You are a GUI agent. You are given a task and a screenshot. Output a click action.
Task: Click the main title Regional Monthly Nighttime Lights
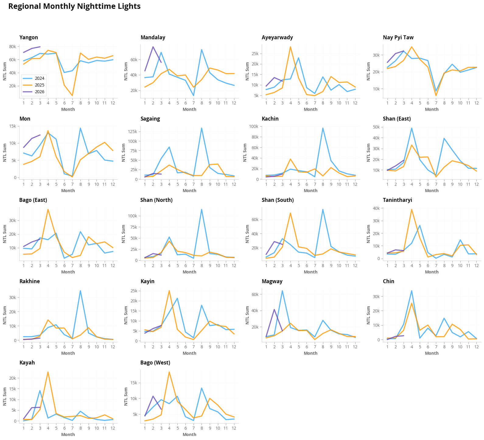74,6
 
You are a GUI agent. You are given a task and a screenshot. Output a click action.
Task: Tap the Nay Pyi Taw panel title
398,37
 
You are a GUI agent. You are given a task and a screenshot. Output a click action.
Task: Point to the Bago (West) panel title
155,363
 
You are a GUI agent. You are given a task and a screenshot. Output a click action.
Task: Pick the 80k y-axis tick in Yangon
12,47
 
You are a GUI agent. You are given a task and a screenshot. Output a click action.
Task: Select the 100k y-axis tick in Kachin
253,126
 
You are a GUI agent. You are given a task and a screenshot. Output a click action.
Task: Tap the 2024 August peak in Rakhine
80,291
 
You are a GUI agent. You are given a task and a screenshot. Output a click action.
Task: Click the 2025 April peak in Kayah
48,372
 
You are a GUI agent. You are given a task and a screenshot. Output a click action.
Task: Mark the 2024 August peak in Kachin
323,128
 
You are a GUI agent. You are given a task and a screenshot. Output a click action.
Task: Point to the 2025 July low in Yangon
72,96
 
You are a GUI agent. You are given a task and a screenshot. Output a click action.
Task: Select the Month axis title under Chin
432,353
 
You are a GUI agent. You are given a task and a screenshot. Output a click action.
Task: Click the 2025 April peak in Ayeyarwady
290,47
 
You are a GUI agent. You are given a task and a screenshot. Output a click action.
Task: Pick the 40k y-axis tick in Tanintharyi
377,208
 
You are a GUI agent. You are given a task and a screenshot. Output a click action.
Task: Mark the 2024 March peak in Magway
282,291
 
